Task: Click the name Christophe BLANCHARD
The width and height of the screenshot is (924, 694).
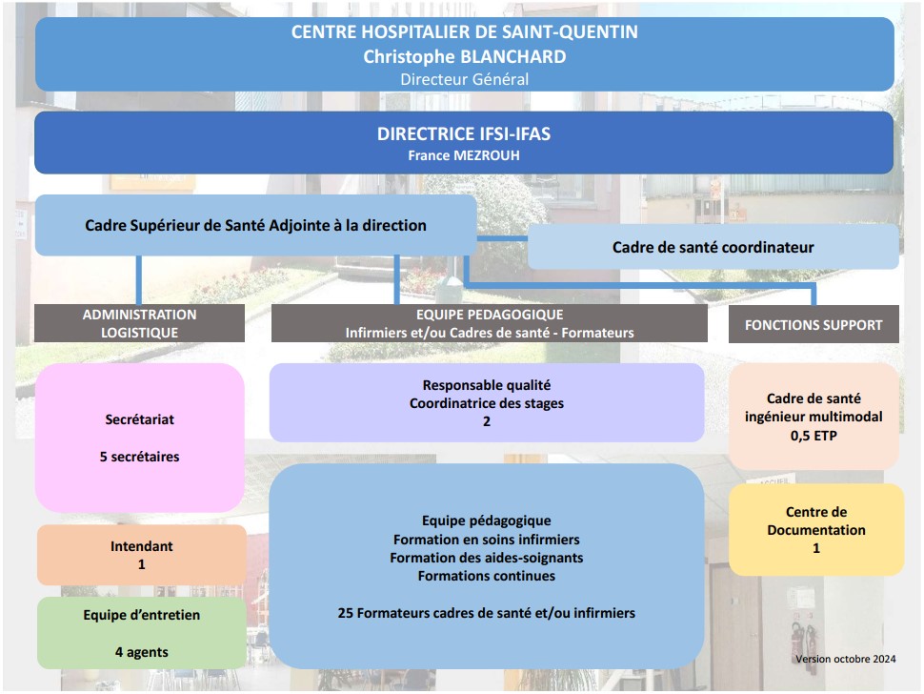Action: (x=464, y=56)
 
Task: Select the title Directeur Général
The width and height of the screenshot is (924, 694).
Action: (x=464, y=80)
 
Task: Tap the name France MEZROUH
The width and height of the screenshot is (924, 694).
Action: (x=464, y=155)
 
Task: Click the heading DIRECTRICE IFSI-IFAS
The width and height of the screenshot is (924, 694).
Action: (x=464, y=133)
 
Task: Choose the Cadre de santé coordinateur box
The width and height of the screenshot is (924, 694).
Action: (x=713, y=247)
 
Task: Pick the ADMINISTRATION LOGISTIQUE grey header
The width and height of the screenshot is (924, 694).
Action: (x=139, y=323)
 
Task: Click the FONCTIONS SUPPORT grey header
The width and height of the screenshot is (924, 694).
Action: (x=814, y=324)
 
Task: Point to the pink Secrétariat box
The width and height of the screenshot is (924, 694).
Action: (x=140, y=438)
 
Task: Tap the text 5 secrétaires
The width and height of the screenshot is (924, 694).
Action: (x=140, y=457)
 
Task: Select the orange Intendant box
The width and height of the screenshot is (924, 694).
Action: (x=141, y=555)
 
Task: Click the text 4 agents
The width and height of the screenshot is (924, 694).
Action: (x=141, y=652)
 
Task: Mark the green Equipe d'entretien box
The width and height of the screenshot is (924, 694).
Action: (x=141, y=633)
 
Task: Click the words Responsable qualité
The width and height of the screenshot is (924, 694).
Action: (x=487, y=386)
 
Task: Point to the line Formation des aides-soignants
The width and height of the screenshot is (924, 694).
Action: (x=487, y=558)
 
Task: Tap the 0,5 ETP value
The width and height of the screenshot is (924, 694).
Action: (x=814, y=436)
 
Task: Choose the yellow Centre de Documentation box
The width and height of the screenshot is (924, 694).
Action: (x=816, y=529)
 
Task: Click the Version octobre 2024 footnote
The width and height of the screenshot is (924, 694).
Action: (x=846, y=660)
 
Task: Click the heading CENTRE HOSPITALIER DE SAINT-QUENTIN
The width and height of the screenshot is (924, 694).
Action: (x=464, y=31)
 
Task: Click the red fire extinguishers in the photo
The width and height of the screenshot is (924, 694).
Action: (x=804, y=640)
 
